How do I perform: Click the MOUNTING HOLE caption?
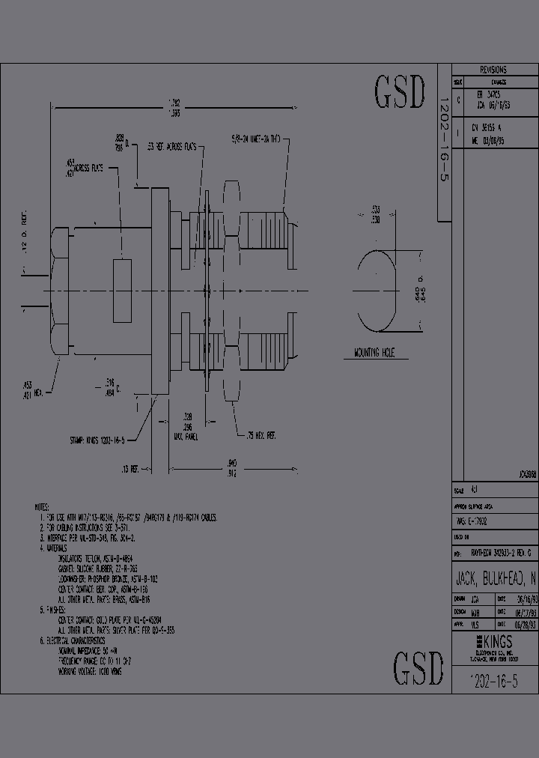[374, 351]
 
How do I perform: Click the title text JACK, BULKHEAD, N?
[494, 579]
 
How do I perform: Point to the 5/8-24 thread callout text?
[255, 139]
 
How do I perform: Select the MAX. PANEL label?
[185, 436]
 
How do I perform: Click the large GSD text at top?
[400, 93]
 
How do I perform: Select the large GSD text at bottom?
[419, 667]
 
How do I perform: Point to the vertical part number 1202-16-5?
[443, 149]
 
